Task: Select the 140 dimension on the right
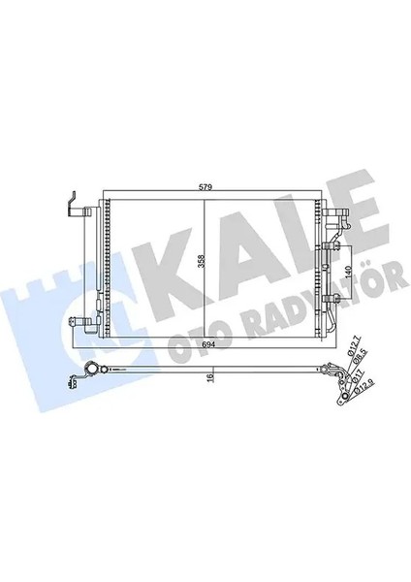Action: tap(347, 254)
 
